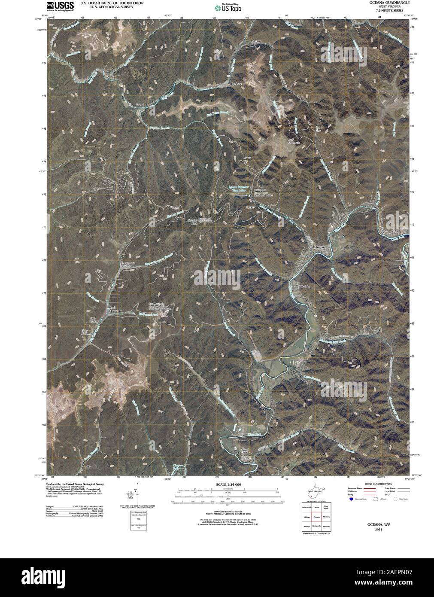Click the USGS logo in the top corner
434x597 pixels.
(55, 6)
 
